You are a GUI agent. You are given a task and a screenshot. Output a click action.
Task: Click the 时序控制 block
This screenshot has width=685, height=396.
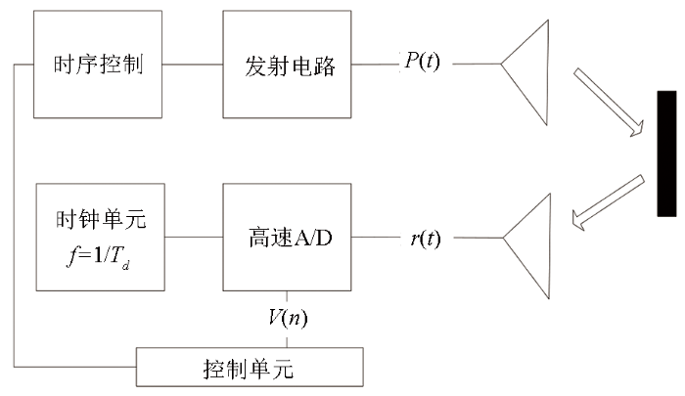point(98,65)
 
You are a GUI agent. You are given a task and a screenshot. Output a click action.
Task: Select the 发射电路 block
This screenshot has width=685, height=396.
point(287,65)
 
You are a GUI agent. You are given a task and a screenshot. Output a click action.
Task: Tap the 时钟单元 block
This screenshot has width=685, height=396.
point(101,237)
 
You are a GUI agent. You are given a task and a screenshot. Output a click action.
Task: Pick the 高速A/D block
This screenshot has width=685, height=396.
point(287,237)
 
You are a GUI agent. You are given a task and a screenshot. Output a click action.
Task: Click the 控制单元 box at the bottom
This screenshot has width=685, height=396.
point(250,368)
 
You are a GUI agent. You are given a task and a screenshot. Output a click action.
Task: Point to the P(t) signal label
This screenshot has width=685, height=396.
point(422,61)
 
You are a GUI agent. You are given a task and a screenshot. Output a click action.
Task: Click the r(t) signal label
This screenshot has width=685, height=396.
point(426,239)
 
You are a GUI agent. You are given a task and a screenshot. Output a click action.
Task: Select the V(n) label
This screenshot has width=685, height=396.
point(288,318)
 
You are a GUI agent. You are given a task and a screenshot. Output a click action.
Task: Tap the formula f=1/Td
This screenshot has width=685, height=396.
point(99,256)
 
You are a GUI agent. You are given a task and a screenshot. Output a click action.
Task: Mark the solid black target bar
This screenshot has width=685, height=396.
point(666,154)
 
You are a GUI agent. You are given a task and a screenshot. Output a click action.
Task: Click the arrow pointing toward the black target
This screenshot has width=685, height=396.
point(609,102)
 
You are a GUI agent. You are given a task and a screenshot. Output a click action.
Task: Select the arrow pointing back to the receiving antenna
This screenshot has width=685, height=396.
point(608,202)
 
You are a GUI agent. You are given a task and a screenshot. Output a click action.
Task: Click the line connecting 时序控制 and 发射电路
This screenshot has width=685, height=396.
point(193,65)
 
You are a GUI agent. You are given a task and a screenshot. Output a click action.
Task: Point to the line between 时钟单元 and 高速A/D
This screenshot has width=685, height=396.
point(194,237)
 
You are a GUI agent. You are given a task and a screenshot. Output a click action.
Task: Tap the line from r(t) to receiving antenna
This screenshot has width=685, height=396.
point(479,238)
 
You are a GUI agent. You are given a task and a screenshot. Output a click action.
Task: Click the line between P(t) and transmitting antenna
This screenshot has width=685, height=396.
point(477,64)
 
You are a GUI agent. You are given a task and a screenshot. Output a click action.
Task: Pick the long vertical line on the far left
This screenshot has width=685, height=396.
point(14,216)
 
